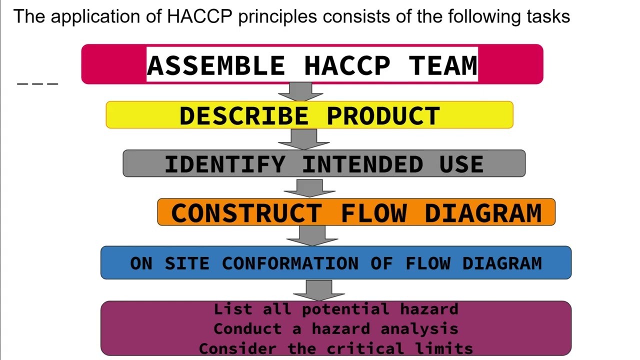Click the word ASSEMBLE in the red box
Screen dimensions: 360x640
click(215, 65)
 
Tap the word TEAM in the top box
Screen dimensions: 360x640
click(443, 65)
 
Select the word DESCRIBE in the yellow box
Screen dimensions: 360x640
click(244, 116)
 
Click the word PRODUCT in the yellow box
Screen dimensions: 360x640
click(383, 116)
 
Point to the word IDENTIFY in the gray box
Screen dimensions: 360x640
click(225, 164)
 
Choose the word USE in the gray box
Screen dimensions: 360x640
click(461, 164)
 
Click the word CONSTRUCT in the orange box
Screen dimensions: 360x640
click(245, 213)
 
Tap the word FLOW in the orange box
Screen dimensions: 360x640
click(373, 213)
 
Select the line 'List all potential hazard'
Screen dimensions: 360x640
click(336, 309)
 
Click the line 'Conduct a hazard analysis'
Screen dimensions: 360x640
click(336, 329)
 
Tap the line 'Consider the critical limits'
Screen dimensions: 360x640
click(336, 348)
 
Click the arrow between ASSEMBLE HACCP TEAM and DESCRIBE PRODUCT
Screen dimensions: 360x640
click(300, 92)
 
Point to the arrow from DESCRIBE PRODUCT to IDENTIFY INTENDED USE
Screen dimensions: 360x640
click(304, 139)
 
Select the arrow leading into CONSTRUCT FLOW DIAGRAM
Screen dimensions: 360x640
click(309, 187)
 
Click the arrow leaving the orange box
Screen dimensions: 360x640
click(312, 235)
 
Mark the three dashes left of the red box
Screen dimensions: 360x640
click(38, 83)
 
